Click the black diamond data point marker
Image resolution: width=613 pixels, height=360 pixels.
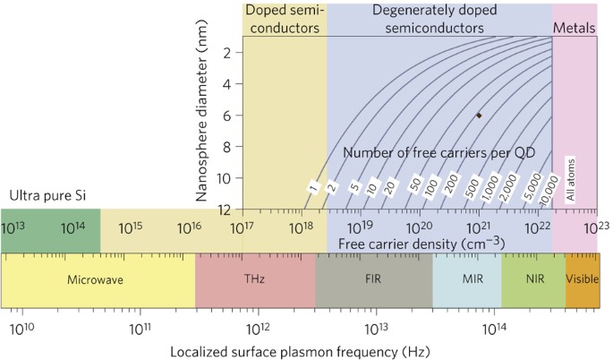[x=479, y=116]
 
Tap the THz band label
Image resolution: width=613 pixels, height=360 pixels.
[x=255, y=279]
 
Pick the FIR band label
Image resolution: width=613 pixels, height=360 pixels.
[x=373, y=279]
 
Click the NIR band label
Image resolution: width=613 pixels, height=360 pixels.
[x=533, y=279]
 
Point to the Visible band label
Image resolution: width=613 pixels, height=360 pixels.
[x=583, y=279]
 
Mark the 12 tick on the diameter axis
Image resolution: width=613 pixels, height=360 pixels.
[x=226, y=210]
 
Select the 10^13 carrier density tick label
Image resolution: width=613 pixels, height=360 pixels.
[x=19, y=228]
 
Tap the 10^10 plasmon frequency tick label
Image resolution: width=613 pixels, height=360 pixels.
[x=21, y=327]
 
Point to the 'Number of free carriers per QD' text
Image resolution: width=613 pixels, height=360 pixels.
[x=439, y=153]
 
